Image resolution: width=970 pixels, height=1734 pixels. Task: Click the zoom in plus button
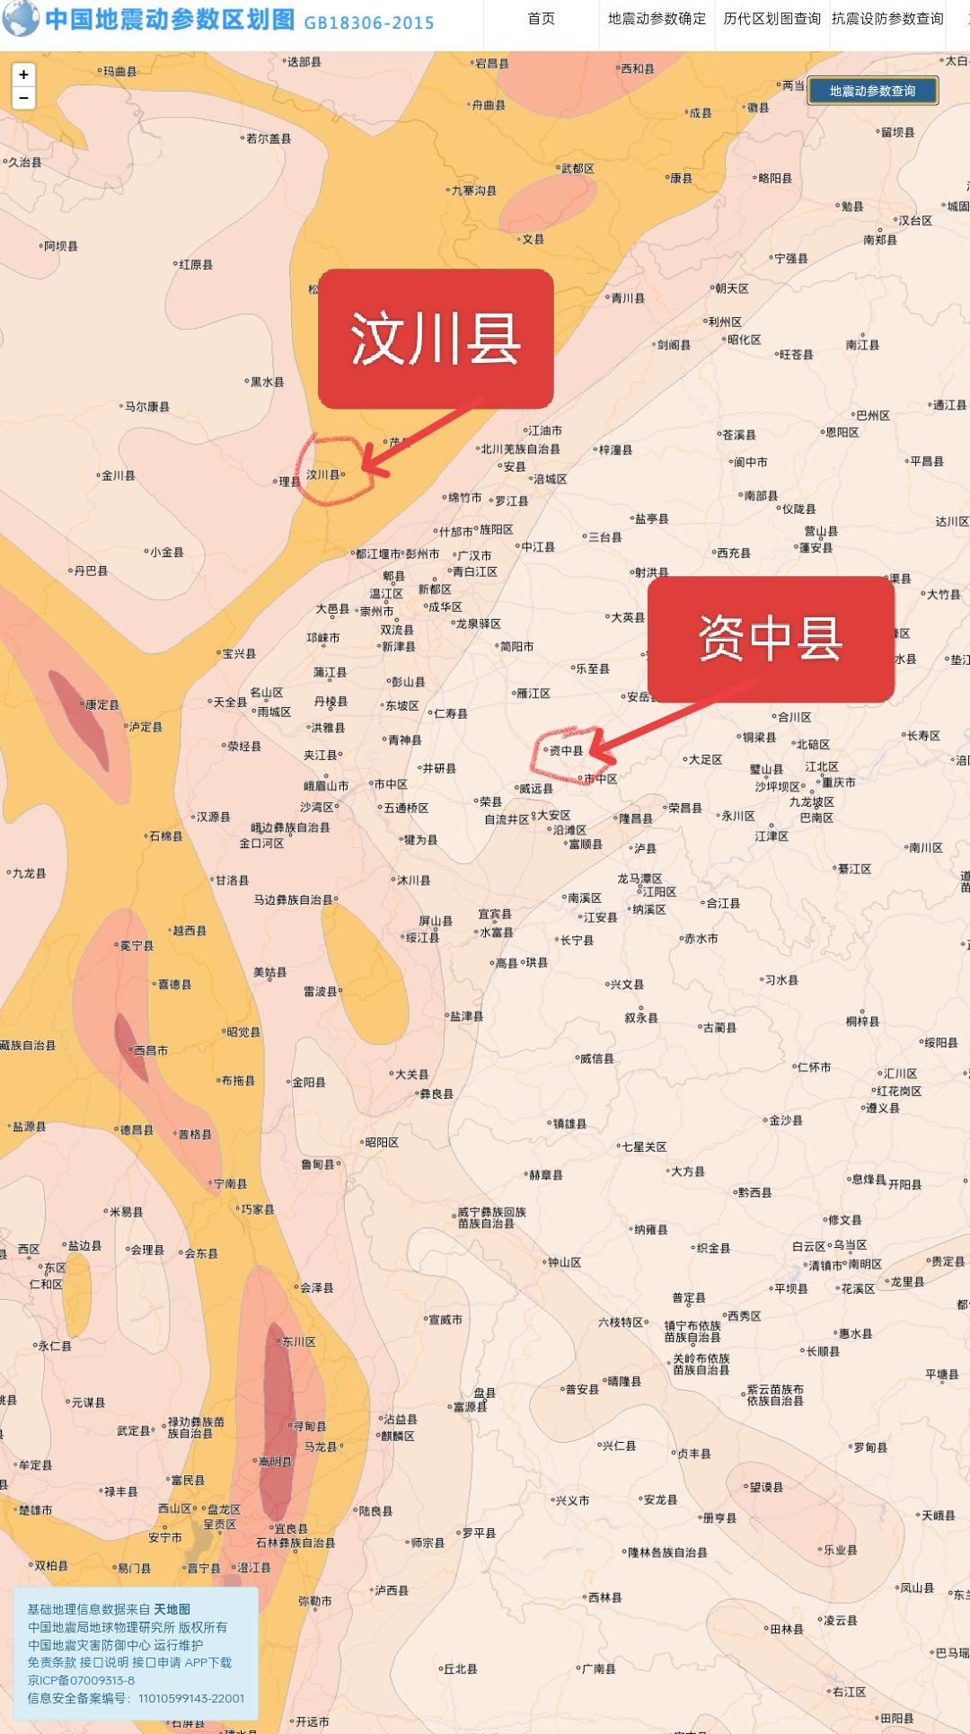[x=23, y=75]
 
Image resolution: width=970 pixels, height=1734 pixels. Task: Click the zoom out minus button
[x=23, y=98]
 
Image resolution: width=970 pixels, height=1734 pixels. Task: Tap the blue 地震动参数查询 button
[x=872, y=91]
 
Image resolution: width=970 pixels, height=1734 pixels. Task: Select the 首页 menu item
[x=541, y=19]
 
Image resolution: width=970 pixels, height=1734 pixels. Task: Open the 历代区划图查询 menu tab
[x=772, y=19]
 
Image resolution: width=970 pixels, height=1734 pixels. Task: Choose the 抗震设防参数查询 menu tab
[x=887, y=19]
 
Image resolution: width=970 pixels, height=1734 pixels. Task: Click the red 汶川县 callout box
[x=436, y=339]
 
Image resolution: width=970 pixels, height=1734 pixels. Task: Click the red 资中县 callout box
[x=771, y=639]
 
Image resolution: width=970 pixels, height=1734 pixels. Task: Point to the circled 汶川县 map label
[x=323, y=474]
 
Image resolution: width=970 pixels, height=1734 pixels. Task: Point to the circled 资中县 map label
[x=566, y=750]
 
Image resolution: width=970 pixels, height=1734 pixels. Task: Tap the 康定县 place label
[x=101, y=705]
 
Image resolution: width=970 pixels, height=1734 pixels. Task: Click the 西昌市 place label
[x=150, y=1050]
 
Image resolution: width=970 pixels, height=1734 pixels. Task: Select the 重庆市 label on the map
[x=838, y=783]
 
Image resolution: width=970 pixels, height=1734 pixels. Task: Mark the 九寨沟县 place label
[x=473, y=190]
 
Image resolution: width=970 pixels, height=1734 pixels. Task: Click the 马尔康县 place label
[x=146, y=407]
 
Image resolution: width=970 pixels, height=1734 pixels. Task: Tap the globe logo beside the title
[x=21, y=19]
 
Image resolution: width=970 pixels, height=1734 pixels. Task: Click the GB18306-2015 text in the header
[x=368, y=22]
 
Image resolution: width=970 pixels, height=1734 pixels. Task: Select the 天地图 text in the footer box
[x=172, y=1609]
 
